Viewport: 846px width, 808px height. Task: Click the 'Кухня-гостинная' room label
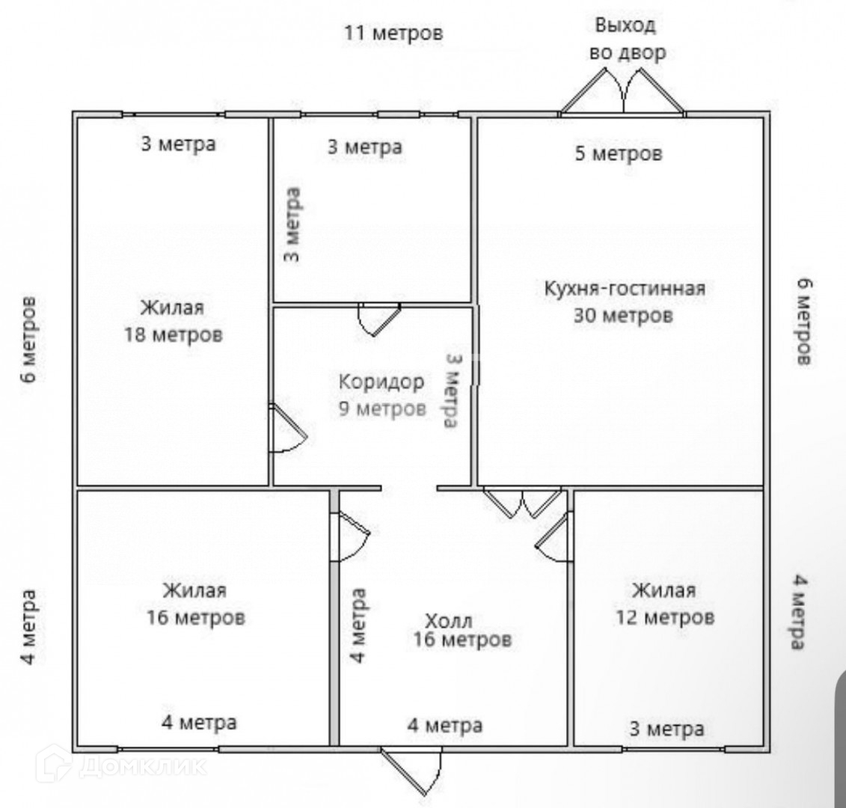click(x=624, y=288)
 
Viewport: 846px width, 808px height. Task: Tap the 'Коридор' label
click(x=381, y=382)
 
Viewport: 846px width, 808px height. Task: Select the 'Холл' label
click(x=448, y=621)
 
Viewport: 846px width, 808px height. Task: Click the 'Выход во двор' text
click(x=626, y=39)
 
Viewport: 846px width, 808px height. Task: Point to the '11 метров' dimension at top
click(x=393, y=34)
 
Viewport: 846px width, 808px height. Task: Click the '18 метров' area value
click(x=173, y=334)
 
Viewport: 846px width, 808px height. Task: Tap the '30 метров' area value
click(x=623, y=316)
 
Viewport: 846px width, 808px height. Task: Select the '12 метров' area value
click(x=664, y=618)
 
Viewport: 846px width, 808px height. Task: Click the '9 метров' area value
click(x=381, y=408)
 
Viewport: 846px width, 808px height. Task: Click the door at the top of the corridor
click(x=379, y=318)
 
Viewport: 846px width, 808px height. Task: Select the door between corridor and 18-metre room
click(x=286, y=429)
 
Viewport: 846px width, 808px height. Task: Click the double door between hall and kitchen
click(x=523, y=503)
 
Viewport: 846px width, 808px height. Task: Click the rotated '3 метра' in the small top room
click(x=293, y=224)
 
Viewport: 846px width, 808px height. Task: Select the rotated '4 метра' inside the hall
click(x=358, y=625)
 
